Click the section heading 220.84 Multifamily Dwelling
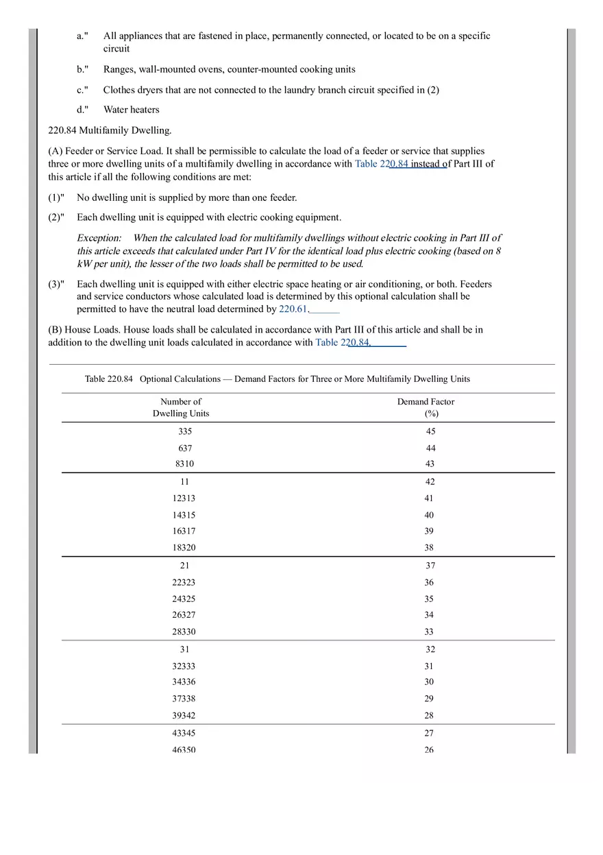pyautogui.click(x=110, y=130)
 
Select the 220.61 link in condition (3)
pyautogui.click(x=293, y=309)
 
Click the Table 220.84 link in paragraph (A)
pyautogui.click(x=382, y=164)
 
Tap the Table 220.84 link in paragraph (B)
pyautogui.click(x=343, y=342)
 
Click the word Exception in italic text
pyautogui.click(x=99, y=238)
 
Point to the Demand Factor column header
pyautogui.click(x=426, y=407)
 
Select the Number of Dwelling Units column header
pyautogui.click(x=181, y=407)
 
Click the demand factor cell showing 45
pyautogui.click(x=430, y=431)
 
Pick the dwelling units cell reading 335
pyautogui.click(x=185, y=431)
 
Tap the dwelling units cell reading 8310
pyautogui.click(x=184, y=463)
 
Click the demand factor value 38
pyautogui.click(x=429, y=548)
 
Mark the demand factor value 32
pyautogui.click(x=430, y=649)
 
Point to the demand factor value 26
pyautogui.click(x=429, y=749)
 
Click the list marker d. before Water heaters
pyautogui.click(x=82, y=110)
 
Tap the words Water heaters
pyautogui.click(x=131, y=110)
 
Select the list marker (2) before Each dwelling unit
pyautogui.click(x=56, y=217)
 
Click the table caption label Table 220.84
pyautogui.click(x=109, y=379)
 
